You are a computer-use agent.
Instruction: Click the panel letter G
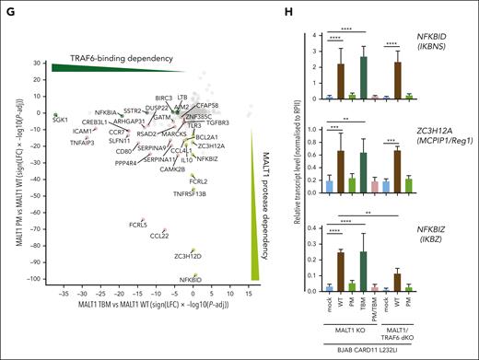tap(7, 9)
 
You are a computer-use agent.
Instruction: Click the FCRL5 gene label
tap(138, 225)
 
